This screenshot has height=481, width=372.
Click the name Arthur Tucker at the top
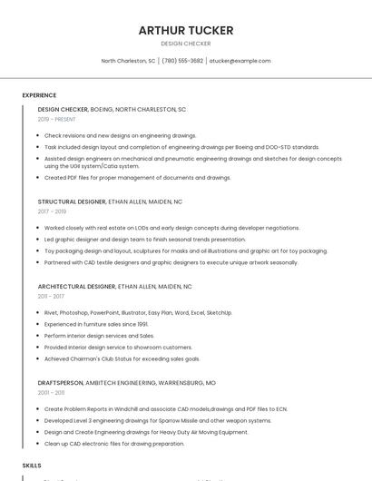pos(185,30)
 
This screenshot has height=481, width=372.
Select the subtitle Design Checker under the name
pos(185,44)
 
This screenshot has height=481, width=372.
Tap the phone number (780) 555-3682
pos(182,61)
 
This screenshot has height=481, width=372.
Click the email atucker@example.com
pos(240,61)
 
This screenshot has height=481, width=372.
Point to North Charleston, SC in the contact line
pos(128,61)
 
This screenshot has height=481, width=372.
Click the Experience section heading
pos(39,95)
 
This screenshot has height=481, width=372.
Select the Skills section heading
pos(32,465)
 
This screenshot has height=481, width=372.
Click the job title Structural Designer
pos(72,201)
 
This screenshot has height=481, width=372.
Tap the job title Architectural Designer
pos(76,286)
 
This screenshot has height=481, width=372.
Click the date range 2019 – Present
pos(56,119)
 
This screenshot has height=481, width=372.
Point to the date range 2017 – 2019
pos(52,211)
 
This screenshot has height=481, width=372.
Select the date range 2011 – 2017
pos(51,296)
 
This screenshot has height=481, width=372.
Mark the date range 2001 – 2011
pos(51,393)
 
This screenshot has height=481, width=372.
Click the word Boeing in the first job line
pos(102,109)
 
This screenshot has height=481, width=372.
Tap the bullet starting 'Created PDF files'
pos(138,178)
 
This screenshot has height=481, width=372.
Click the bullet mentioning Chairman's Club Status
pos(122,358)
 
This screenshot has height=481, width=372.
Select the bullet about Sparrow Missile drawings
pos(158,420)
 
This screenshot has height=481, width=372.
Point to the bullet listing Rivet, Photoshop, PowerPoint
pos(138,312)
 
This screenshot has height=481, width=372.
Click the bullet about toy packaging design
pos(186,250)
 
